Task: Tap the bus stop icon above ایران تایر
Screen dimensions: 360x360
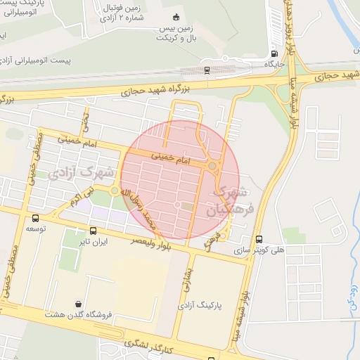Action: point(93,230)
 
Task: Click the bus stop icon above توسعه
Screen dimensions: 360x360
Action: point(35,218)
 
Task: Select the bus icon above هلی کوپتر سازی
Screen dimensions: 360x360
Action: point(259,239)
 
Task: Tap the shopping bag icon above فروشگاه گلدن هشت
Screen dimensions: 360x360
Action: point(87,303)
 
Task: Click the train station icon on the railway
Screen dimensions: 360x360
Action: point(207,70)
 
